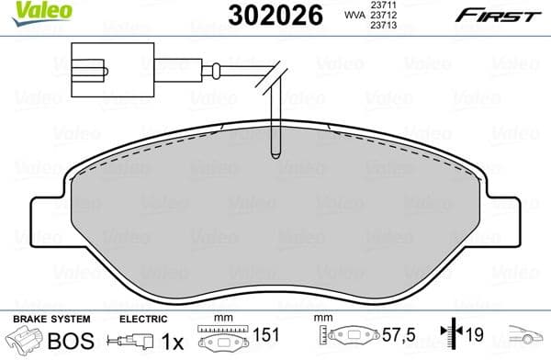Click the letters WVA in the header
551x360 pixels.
[353, 16]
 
